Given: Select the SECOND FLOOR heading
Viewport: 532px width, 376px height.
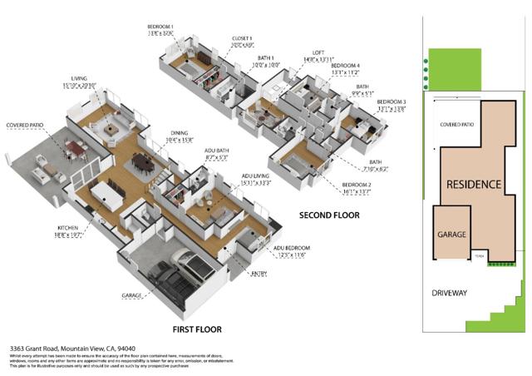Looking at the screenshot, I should click(x=329, y=215).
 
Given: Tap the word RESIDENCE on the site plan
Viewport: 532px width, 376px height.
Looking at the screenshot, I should click(x=474, y=184).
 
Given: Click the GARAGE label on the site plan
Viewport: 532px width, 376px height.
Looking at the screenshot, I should click(x=452, y=235).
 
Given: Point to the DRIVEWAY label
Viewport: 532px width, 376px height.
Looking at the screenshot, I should click(x=450, y=293).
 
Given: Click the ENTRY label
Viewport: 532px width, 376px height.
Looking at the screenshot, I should click(x=261, y=271).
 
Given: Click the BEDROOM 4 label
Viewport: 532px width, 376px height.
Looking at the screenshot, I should click(x=345, y=64).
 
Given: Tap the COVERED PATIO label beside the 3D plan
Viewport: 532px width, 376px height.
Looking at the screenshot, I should click(x=25, y=126).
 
